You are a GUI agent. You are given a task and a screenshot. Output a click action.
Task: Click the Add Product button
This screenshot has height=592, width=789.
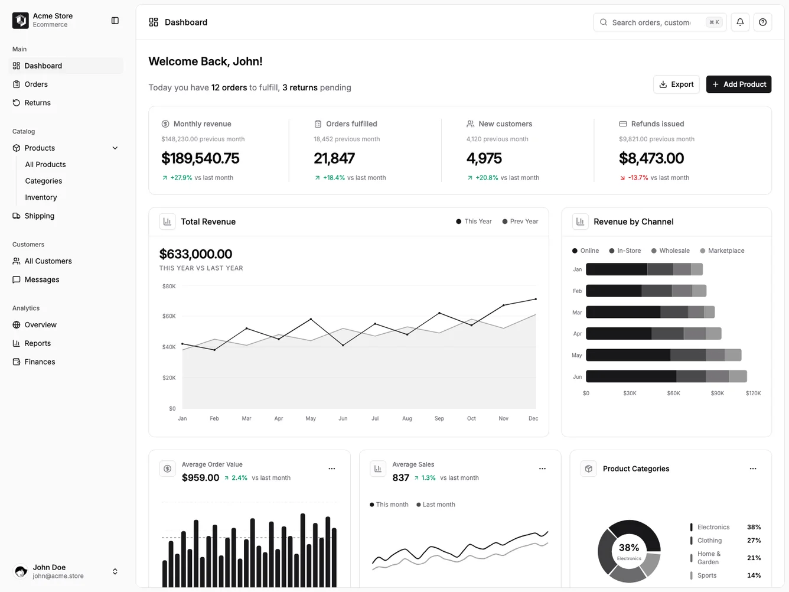pos(738,84)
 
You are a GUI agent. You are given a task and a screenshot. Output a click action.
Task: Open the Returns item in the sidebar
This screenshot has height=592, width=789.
pos(37,103)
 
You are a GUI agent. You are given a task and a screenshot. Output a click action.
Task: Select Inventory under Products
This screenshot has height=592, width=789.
pos(41,197)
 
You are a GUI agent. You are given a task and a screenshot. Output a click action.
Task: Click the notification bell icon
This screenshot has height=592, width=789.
pos(740,22)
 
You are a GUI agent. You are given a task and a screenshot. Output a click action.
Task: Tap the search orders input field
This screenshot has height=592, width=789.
pos(650,22)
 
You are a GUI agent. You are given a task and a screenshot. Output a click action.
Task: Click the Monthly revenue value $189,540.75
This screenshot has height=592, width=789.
pos(200,158)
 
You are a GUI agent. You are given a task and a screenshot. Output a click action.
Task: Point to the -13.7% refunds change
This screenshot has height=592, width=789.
pos(638,178)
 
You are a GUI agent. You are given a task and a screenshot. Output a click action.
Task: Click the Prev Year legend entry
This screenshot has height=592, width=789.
pos(520,222)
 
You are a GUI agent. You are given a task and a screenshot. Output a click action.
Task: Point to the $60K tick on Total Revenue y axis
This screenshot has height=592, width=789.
pos(169,317)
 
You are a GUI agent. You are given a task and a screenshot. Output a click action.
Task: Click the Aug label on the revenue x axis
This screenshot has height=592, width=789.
pos(407,418)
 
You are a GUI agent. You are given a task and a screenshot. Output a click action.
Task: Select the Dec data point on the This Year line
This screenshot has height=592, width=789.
pos(536,299)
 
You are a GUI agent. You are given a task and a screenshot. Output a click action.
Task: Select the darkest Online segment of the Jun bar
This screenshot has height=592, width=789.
pos(631,376)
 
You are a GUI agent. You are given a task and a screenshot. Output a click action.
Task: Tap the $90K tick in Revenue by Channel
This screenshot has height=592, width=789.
pos(717,393)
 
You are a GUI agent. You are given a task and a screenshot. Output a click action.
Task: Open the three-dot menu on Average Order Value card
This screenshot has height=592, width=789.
pos(332,469)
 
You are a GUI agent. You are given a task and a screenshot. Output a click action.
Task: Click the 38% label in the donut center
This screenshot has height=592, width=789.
pos(629,548)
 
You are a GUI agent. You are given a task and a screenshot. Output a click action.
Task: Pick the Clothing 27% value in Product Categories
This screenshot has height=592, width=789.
pos(754,541)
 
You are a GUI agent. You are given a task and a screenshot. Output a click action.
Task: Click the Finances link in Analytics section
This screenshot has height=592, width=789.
pos(40,362)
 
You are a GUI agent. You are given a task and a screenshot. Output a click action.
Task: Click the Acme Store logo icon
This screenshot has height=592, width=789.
pos(21,21)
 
